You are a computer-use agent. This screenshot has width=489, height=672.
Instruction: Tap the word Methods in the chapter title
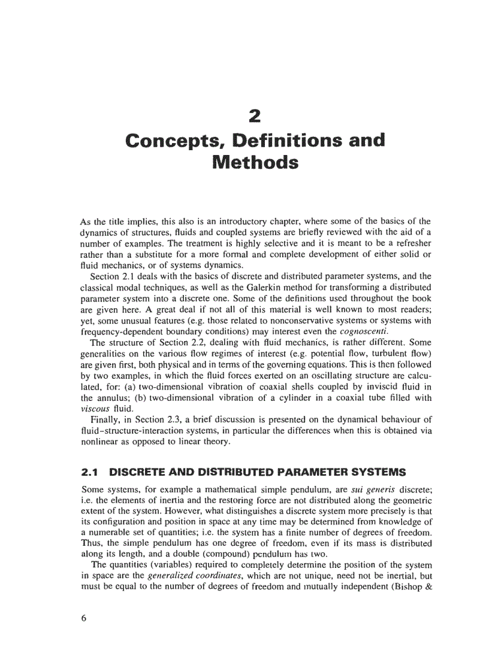point(255,162)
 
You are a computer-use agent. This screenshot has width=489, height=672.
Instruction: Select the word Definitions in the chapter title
point(285,141)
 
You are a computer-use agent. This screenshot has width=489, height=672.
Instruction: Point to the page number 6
point(84,619)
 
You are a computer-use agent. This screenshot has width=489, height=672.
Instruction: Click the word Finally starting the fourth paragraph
point(104,418)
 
